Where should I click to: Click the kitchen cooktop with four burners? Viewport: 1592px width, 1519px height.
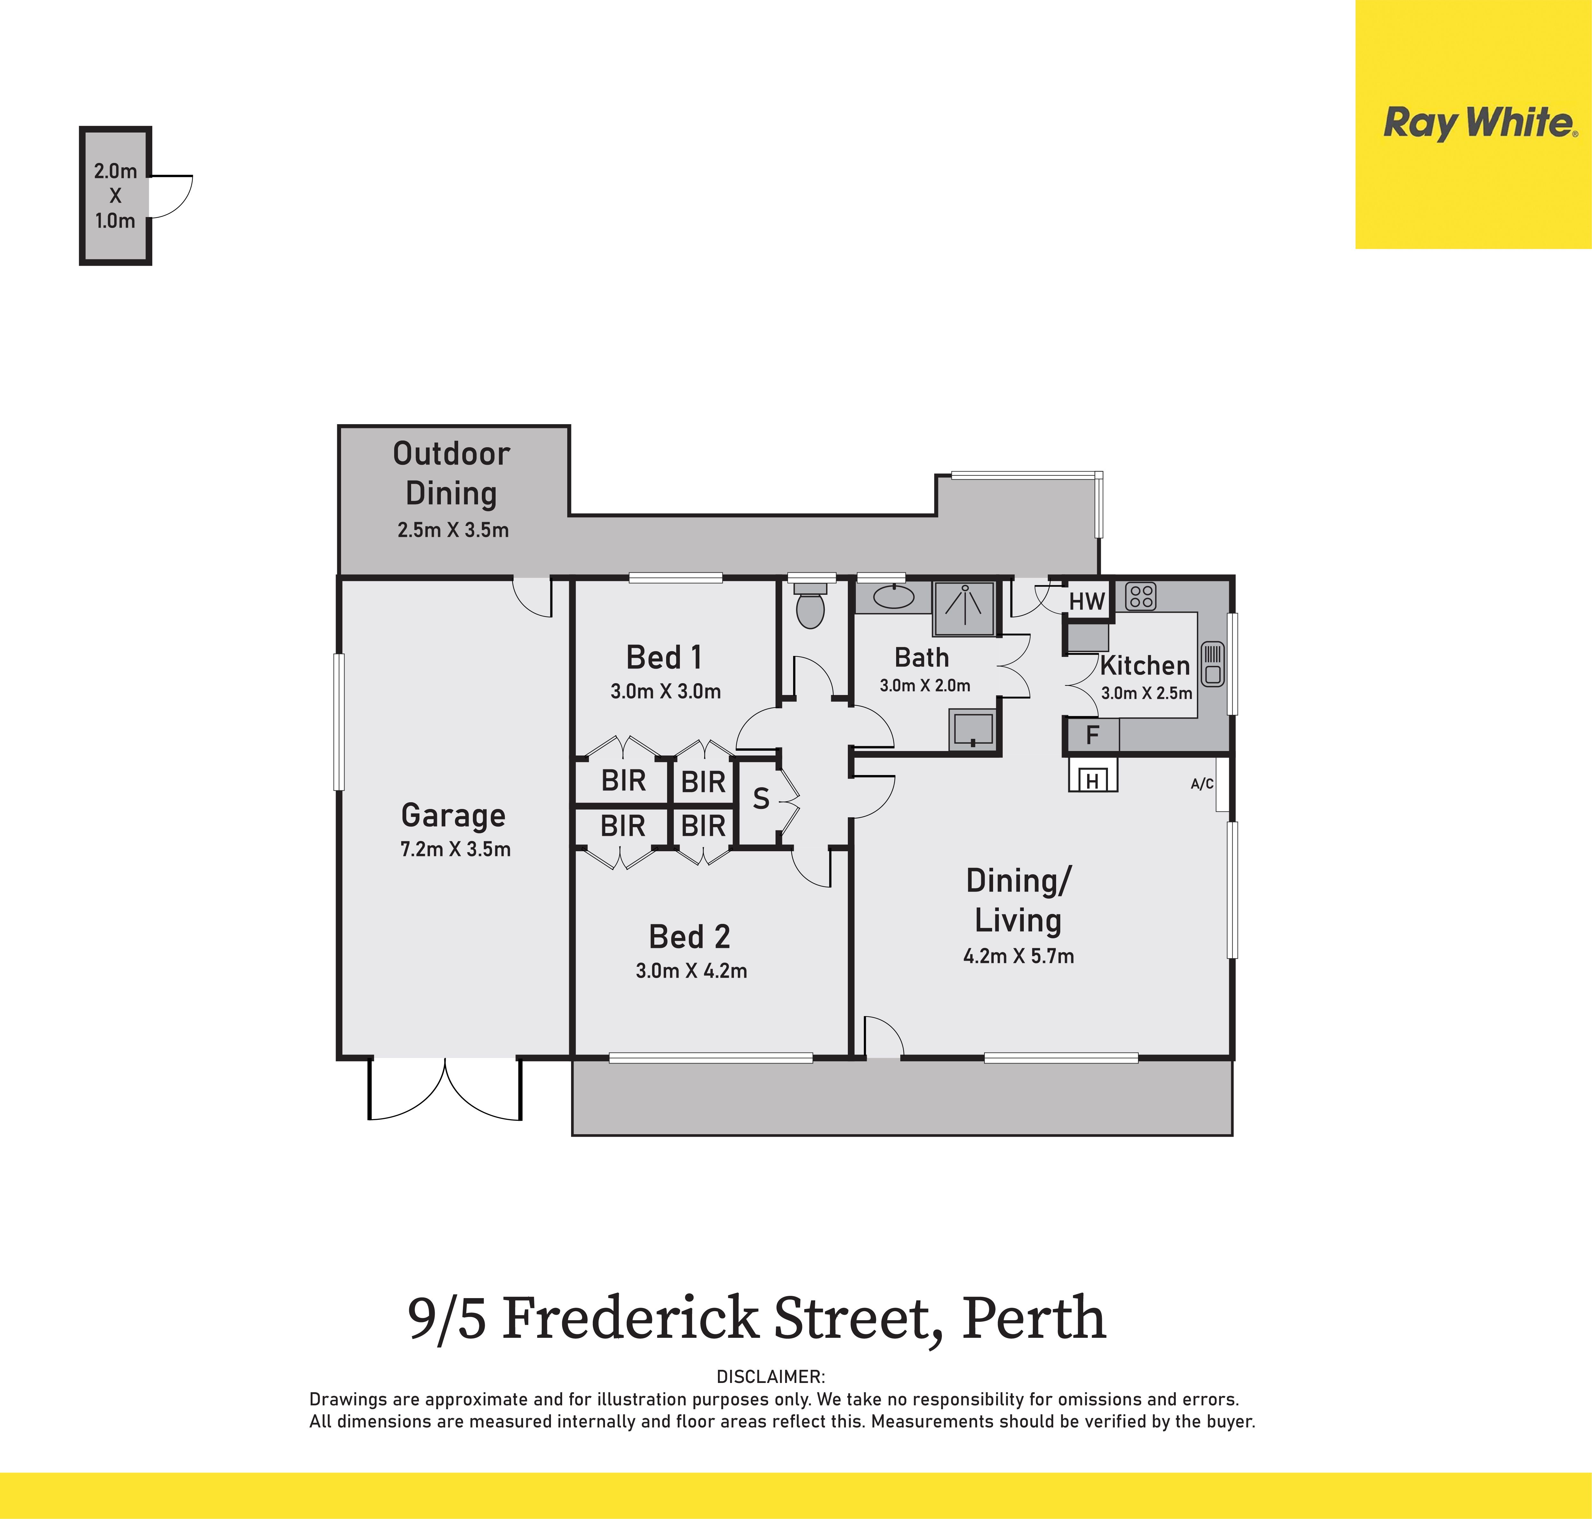pyautogui.click(x=1140, y=597)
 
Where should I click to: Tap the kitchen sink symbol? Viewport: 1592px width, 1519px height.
pyautogui.click(x=1212, y=664)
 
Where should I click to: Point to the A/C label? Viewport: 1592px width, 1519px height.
pyautogui.click(x=1202, y=784)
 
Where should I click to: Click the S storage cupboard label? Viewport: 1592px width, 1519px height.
pyautogui.click(x=761, y=799)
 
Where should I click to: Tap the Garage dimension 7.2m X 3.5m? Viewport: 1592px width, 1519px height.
pyautogui.click(x=456, y=849)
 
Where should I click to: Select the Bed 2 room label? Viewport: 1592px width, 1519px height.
pyautogui.click(x=689, y=937)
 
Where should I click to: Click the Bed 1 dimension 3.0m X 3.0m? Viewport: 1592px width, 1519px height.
pyautogui.click(x=665, y=691)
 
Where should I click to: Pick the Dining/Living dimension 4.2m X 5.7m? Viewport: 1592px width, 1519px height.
pyautogui.click(x=1018, y=956)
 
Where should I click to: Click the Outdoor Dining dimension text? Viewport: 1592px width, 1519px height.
pyautogui.click(x=452, y=530)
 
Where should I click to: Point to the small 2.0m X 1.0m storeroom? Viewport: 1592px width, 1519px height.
pyautogui.click(x=115, y=195)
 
